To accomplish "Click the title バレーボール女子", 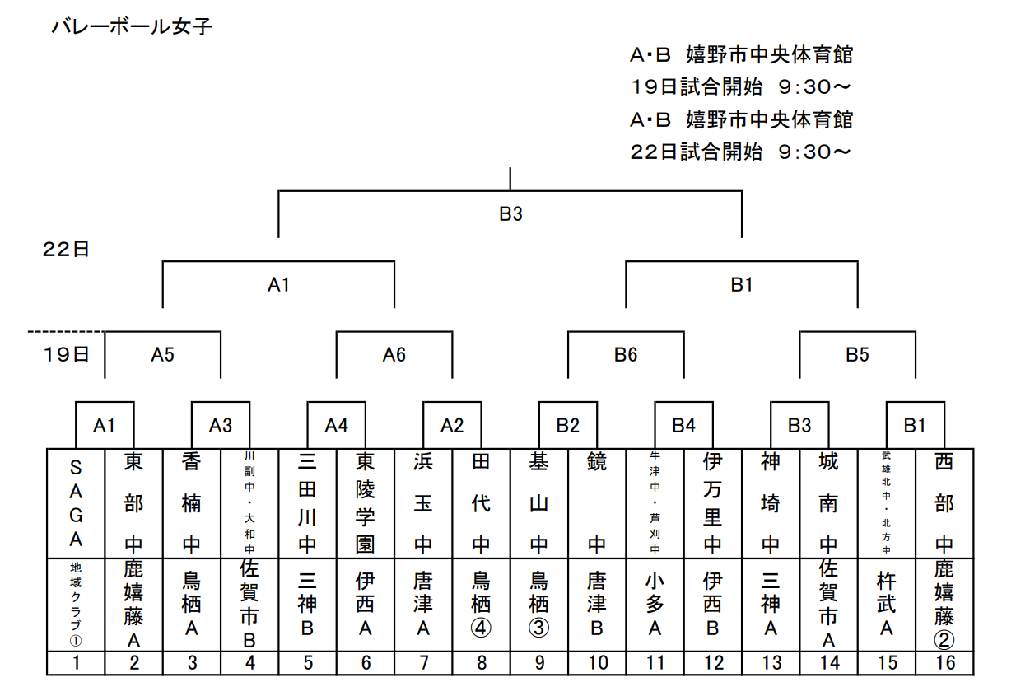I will pyautogui.click(x=132, y=27).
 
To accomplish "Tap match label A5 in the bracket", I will pyautogui.click(x=163, y=355).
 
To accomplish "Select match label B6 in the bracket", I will pyautogui.click(x=626, y=355).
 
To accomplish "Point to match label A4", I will pyautogui.click(x=336, y=426).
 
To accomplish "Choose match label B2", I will pyautogui.click(x=567, y=426).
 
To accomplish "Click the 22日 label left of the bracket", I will pyautogui.click(x=66, y=250).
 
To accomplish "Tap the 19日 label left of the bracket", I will pyautogui.click(x=66, y=355).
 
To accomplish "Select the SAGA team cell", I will pyautogui.click(x=76, y=502).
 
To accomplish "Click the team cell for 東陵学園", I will pyautogui.click(x=366, y=502).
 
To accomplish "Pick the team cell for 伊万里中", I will pyautogui.click(x=713, y=502).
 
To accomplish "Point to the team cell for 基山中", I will pyautogui.click(x=538, y=502).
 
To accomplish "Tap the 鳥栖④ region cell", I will pyautogui.click(x=481, y=605).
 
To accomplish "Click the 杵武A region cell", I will pyautogui.click(x=887, y=605).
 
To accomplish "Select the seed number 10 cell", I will pyautogui.click(x=597, y=663).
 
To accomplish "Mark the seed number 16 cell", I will pyautogui.click(x=945, y=663).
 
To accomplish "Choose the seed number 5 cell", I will pyautogui.click(x=307, y=663).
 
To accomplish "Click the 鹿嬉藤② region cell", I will pyautogui.click(x=945, y=605).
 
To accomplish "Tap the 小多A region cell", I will pyautogui.click(x=655, y=605).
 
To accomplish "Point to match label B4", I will pyautogui.click(x=683, y=426).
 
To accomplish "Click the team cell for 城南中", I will pyautogui.click(x=828, y=502).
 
